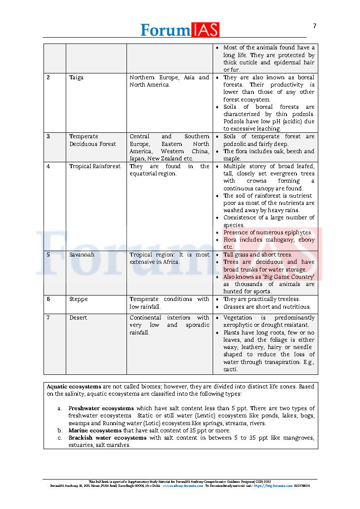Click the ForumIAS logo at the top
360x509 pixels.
coord(180,29)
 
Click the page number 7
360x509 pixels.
coord(315,26)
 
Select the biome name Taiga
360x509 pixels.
coord(76,78)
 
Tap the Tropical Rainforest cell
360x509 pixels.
coord(95,166)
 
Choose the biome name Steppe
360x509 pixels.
coord(78,299)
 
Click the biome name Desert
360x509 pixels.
coord(78,318)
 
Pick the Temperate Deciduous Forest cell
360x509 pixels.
coord(92,140)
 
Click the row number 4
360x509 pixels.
coord(49,166)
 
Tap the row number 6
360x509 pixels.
coord(49,299)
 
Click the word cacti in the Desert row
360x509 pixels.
coord(230,369)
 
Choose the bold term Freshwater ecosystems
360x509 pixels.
coord(101,408)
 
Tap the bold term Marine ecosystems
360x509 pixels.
coord(95,431)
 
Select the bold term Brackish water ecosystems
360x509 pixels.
coord(107,438)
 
